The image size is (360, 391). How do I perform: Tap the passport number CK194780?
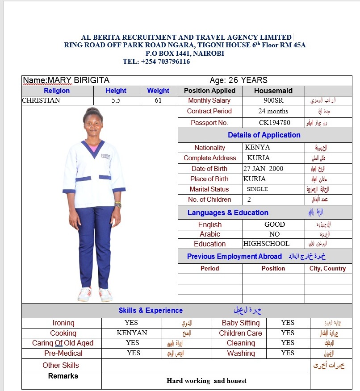pos(274,123)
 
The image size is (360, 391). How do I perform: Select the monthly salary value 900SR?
pos(274,101)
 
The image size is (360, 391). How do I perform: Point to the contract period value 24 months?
pos(273,111)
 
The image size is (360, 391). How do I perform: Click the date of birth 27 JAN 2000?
pos(263,169)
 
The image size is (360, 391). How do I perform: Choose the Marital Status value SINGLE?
pos(257,189)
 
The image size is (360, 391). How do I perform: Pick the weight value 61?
pos(158,101)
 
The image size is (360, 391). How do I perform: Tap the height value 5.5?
pos(116,101)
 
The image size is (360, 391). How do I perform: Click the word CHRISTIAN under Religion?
pos(41,101)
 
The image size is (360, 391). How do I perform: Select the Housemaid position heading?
pos(273,91)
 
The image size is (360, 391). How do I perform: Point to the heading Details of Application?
pos(264,135)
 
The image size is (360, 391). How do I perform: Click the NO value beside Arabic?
pos(275,234)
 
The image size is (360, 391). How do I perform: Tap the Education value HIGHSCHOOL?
pos(267,244)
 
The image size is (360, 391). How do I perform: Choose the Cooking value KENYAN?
pos(132,333)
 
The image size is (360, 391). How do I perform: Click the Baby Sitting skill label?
pos(241,323)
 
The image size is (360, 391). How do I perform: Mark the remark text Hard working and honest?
pos(206,381)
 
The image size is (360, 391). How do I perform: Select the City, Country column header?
pos(327,269)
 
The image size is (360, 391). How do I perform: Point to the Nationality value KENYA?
pos(258,147)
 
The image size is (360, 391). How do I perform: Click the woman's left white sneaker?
pos(106,295)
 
